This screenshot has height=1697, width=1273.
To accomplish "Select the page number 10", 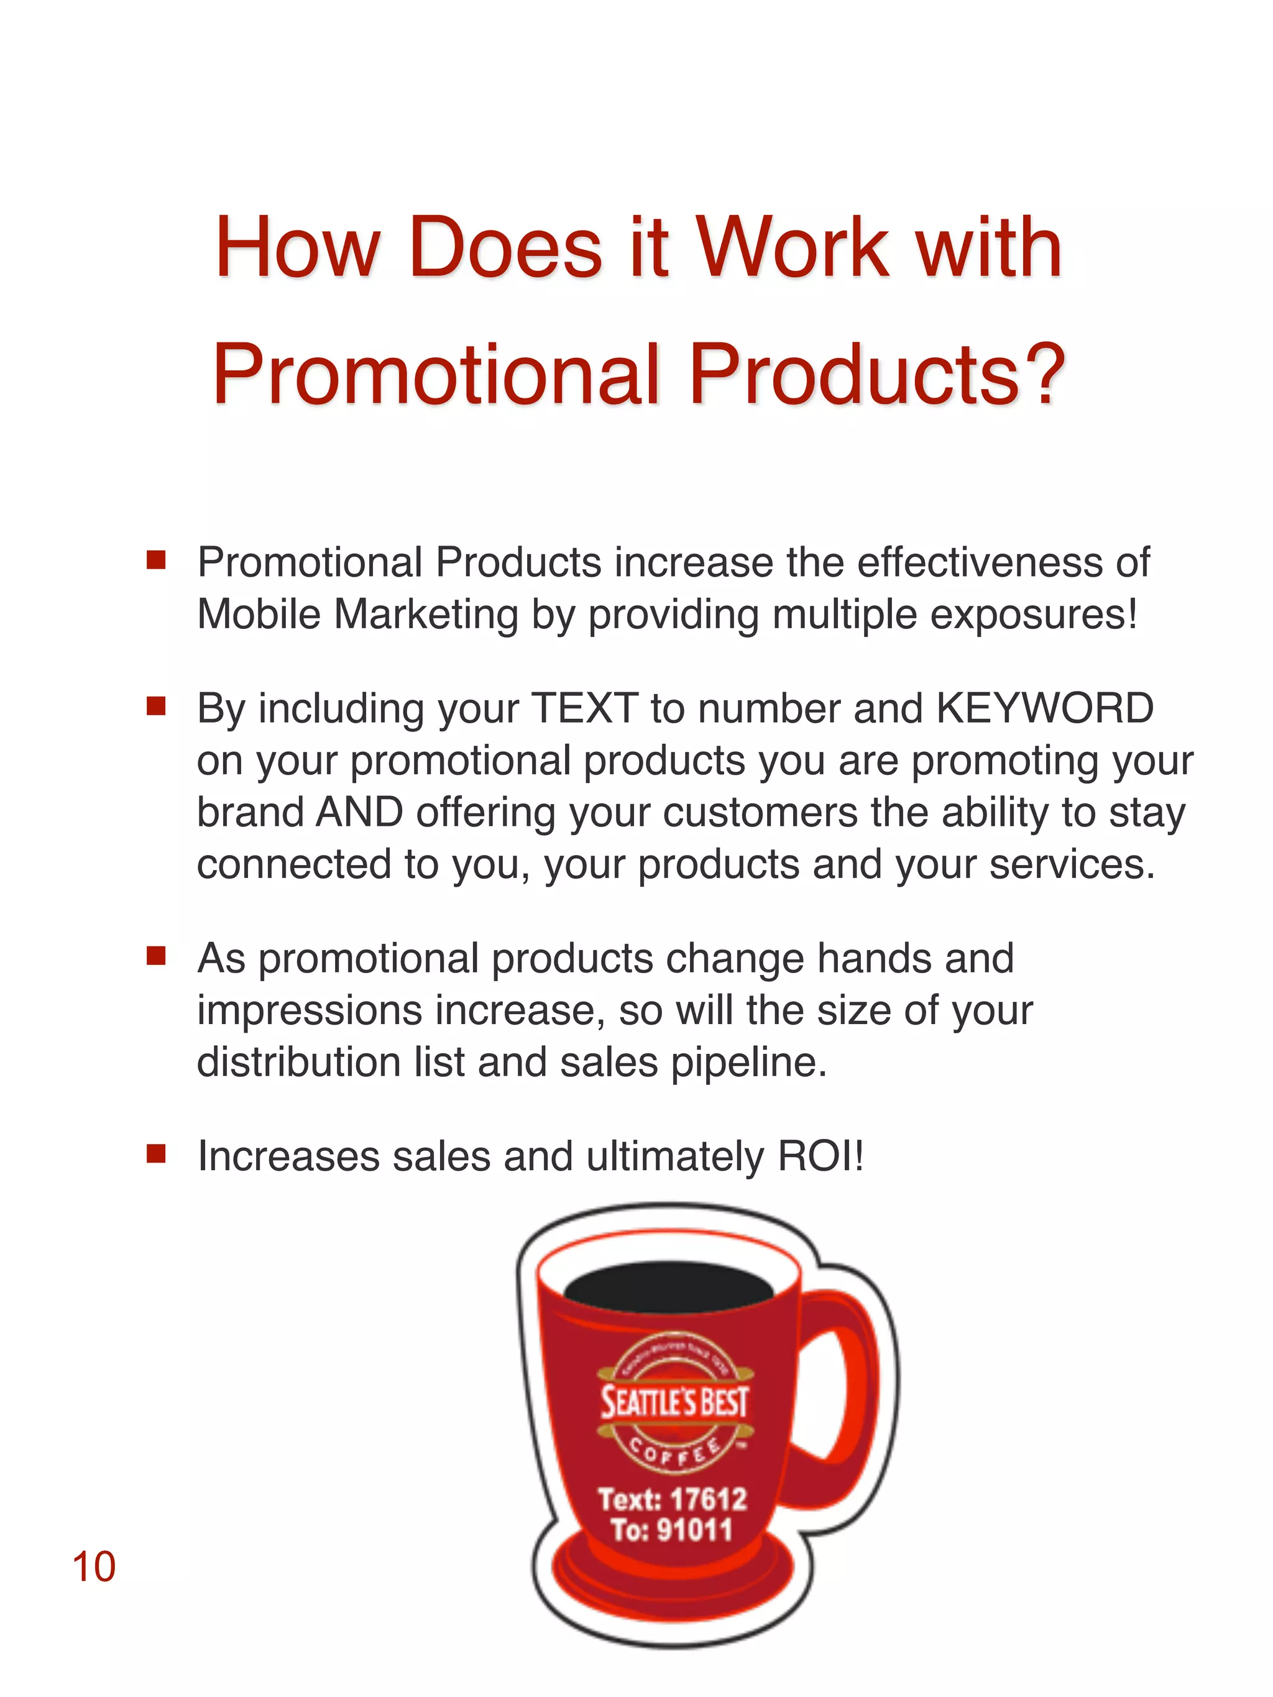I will [94, 1567].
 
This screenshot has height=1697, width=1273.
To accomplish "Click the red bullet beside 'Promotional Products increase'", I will [157, 561].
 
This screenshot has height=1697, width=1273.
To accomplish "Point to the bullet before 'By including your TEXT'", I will [157, 707].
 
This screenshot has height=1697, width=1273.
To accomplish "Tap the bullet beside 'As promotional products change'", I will [157, 956].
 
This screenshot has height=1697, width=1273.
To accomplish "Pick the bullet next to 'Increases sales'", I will [157, 1155].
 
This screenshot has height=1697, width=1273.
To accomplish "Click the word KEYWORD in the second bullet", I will [1044, 708].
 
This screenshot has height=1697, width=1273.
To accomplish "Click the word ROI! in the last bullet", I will [821, 1156].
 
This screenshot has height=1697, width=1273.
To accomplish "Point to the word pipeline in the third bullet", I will [749, 1063].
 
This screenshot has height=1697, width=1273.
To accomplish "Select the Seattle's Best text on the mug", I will [674, 1402].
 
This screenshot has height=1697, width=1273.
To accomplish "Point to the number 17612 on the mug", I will [708, 1498].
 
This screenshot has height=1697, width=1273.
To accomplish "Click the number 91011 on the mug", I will [694, 1530].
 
